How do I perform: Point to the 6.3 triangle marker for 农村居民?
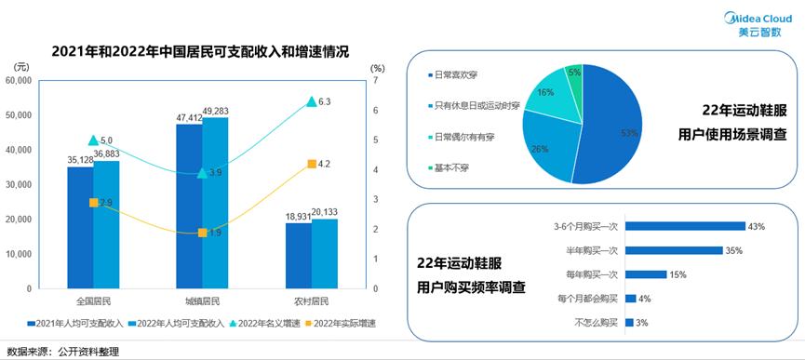click(311, 102)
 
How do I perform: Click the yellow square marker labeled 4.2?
click(311, 165)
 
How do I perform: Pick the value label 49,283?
click(216, 112)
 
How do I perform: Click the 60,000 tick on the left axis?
click(19, 81)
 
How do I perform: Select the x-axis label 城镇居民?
click(202, 301)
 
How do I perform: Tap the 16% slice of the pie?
click(546, 97)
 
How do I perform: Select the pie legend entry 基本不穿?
click(446, 167)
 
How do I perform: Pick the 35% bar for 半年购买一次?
click(674, 250)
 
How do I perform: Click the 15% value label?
click(678, 274)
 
